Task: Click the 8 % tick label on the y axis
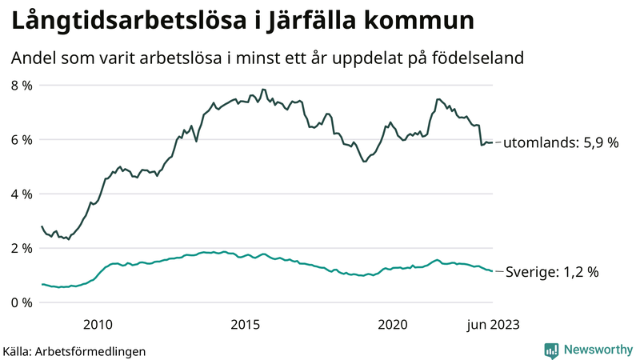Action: coord(21,85)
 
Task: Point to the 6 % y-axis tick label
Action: coord(21,139)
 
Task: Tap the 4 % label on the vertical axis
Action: coord(21,194)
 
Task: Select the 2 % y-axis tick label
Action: coord(21,248)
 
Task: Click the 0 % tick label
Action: coord(21,302)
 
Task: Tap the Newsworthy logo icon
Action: coord(551,350)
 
